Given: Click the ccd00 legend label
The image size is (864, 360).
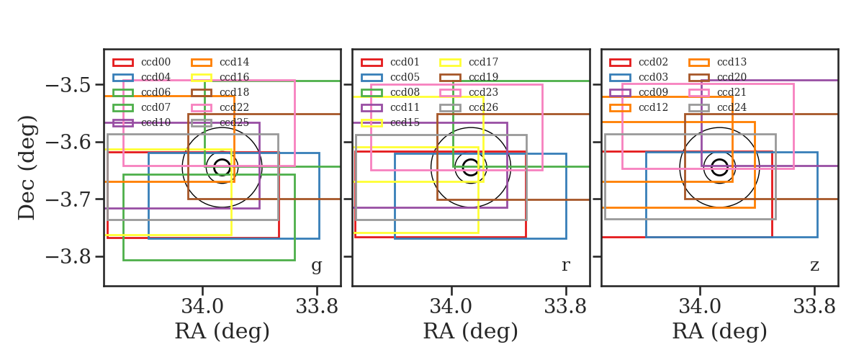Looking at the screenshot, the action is (x=156, y=62).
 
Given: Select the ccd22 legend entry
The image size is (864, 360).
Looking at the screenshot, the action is (x=234, y=107).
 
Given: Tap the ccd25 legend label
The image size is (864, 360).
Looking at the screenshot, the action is (x=234, y=122).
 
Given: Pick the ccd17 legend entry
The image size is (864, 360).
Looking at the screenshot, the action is (x=483, y=62).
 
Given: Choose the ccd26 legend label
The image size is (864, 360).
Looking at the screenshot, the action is (x=483, y=107).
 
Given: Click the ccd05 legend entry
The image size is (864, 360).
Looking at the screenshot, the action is (x=405, y=77).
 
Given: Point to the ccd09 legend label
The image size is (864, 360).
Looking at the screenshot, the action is (x=653, y=92).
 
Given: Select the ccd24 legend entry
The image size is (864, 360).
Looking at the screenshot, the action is (x=732, y=107).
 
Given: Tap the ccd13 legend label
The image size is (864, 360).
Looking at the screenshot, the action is (x=732, y=62).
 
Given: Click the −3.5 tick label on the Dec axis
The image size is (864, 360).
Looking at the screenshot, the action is (x=68, y=85).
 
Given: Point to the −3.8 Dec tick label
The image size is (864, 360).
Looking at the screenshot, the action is (x=68, y=257).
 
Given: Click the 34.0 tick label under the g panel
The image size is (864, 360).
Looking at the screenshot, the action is (x=202, y=307).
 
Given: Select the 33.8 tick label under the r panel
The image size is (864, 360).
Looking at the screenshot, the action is (x=565, y=307).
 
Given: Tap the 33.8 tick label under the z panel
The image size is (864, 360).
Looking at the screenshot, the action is (x=814, y=307).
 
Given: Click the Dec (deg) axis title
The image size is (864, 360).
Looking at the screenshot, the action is (x=27, y=168).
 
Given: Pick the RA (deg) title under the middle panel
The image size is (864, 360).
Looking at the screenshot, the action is (x=471, y=331).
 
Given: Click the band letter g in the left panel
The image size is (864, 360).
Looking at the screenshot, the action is (x=316, y=266).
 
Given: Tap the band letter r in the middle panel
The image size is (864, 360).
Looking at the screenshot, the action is (x=565, y=266).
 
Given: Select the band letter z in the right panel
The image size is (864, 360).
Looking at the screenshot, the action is (x=814, y=266).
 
